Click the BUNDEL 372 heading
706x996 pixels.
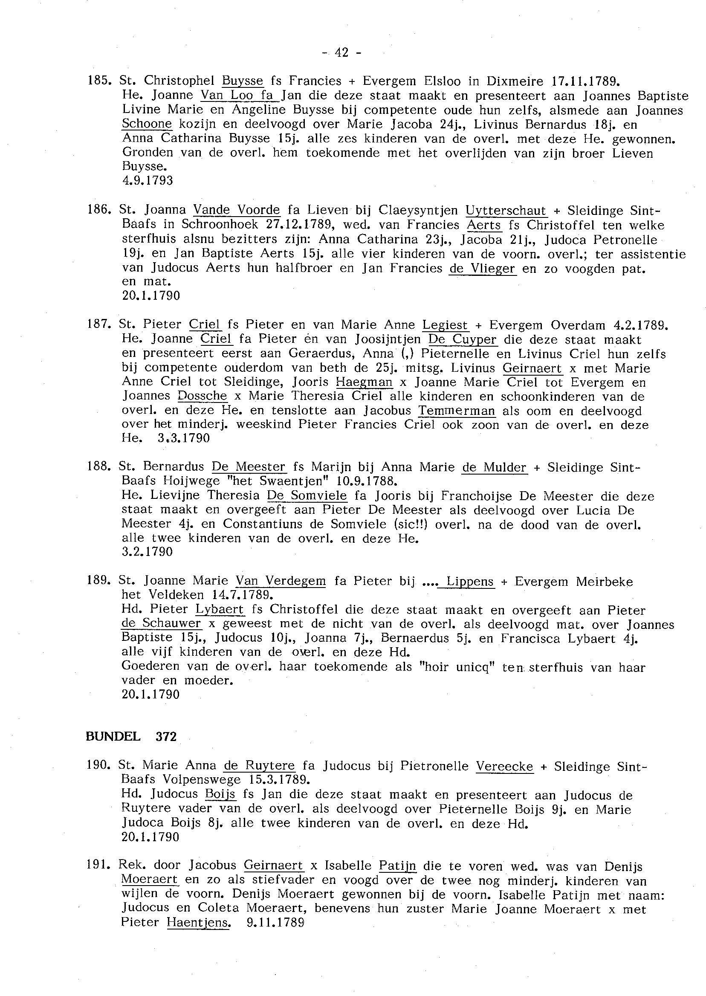click(x=131, y=736)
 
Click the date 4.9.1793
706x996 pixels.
click(x=148, y=180)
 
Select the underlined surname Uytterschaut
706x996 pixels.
click(x=506, y=211)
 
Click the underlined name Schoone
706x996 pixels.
click(x=147, y=124)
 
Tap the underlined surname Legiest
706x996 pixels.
click(x=446, y=325)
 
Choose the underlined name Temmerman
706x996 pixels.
click(x=457, y=411)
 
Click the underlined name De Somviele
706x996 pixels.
click(x=307, y=495)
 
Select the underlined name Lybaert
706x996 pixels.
click(x=220, y=610)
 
